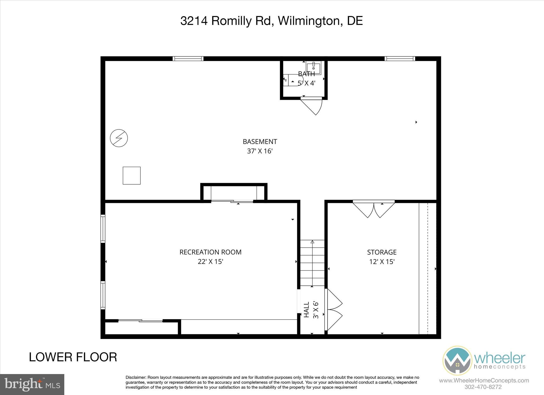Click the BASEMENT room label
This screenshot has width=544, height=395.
260,142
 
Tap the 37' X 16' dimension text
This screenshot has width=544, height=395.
260,151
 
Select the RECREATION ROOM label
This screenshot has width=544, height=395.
210,252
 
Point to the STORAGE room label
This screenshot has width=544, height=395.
382,252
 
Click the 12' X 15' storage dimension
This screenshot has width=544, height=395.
382,262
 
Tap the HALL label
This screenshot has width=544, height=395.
307,310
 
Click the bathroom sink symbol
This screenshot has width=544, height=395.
313,67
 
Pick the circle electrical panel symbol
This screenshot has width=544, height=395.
119,138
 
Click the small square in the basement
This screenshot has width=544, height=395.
131,175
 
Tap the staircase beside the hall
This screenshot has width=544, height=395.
312,263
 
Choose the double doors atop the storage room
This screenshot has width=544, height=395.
374,210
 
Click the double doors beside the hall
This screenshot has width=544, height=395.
334,310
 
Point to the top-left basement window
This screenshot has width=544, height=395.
188,59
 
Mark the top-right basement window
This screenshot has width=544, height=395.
400,59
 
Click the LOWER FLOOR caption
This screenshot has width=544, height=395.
73,357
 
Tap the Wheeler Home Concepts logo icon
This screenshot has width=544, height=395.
457,360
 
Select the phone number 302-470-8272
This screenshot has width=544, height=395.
483,387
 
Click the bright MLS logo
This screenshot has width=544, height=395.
32,384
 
